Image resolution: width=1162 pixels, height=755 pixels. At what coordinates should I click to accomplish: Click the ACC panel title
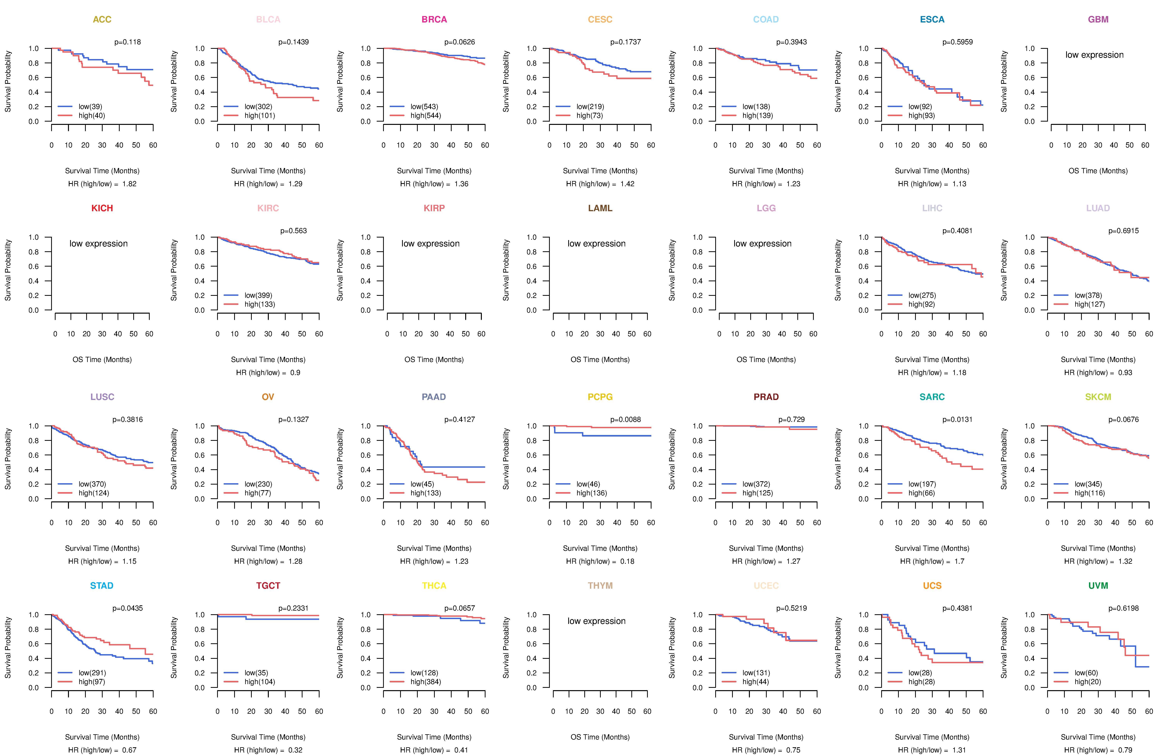click(102, 20)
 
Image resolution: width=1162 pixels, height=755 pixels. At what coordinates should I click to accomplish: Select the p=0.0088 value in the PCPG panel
click(625, 419)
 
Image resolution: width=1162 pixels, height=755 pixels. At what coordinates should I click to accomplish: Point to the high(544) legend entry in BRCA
click(425, 116)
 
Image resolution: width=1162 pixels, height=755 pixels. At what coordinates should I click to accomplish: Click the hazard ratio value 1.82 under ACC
click(129, 184)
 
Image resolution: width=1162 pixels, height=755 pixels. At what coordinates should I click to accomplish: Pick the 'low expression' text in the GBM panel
click(1094, 55)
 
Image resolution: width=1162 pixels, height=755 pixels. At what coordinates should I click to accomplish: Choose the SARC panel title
click(932, 397)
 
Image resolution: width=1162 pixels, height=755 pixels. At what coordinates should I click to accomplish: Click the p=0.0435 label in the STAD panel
click(127, 608)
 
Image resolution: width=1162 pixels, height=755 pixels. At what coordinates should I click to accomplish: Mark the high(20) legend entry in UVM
click(1087, 682)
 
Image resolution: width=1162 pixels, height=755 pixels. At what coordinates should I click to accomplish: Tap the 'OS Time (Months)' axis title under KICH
click(102, 360)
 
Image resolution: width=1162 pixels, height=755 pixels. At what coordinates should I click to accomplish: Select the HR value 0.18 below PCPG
click(627, 561)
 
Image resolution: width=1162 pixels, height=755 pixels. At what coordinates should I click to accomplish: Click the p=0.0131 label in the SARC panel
click(957, 419)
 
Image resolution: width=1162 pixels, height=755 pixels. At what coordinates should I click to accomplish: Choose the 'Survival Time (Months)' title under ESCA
click(932, 171)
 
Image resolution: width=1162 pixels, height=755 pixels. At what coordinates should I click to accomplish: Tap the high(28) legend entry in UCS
click(921, 682)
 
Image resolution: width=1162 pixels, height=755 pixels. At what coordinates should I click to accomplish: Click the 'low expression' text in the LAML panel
click(596, 244)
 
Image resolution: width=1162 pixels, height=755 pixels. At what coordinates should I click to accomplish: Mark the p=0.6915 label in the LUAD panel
click(1123, 231)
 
